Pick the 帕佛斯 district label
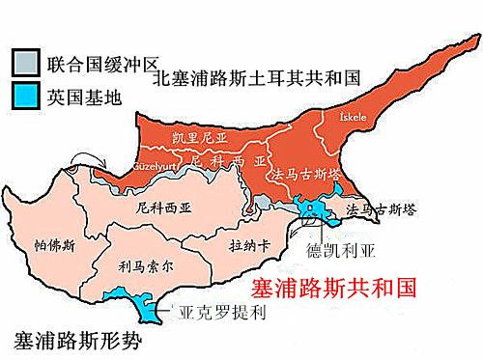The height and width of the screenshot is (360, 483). (53, 244)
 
